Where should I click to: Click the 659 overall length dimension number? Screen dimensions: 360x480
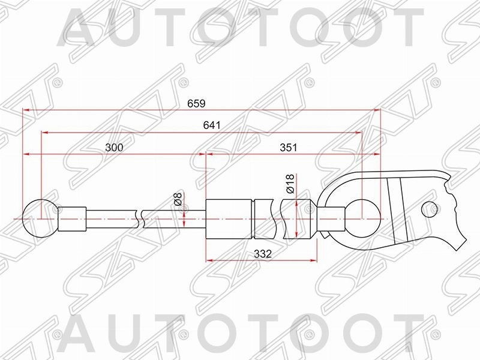click(x=196, y=103)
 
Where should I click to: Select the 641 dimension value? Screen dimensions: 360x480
click(x=212, y=125)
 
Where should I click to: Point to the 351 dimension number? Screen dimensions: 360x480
click(x=289, y=148)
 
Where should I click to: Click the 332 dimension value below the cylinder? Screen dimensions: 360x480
click(x=263, y=254)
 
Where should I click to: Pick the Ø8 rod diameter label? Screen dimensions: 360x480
click(x=178, y=200)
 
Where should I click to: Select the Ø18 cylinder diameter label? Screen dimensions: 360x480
click(x=290, y=183)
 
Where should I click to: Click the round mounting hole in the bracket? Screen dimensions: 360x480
click(x=428, y=209)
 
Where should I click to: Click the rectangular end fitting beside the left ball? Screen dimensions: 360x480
click(x=73, y=219)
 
